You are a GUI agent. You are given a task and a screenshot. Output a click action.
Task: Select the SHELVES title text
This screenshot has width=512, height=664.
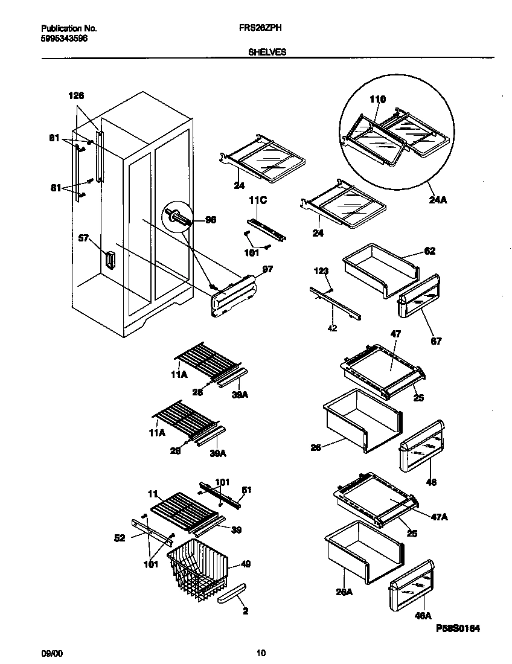(267, 53)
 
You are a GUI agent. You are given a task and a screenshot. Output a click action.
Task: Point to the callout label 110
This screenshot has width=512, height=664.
(377, 100)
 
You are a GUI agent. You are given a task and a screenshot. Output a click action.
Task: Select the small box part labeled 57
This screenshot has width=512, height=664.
(109, 260)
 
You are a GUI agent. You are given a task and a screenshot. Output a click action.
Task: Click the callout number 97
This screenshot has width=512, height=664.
(267, 269)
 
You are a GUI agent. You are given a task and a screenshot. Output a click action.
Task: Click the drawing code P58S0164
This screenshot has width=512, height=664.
(458, 628)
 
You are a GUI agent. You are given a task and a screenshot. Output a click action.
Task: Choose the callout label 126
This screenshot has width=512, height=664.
(76, 95)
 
